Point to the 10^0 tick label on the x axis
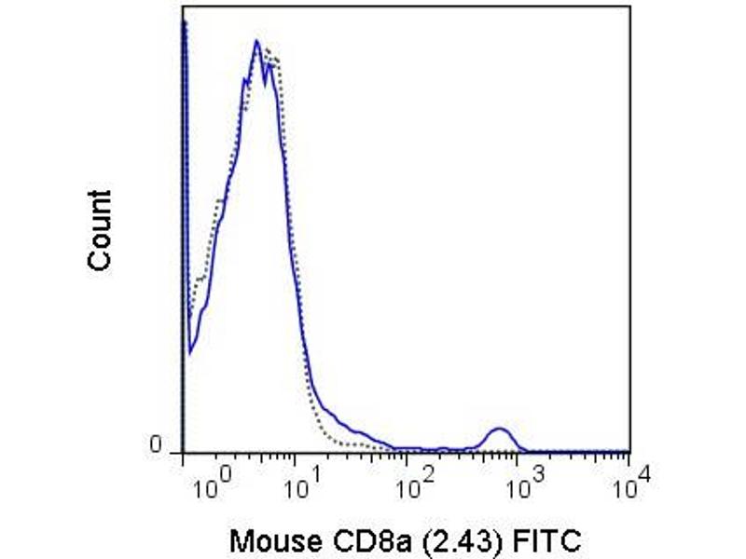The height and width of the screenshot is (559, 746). click(x=211, y=486)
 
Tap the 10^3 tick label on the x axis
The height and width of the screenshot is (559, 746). click(x=525, y=486)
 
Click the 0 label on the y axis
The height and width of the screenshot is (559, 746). click(x=158, y=447)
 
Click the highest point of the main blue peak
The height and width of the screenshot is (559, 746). click(x=256, y=41)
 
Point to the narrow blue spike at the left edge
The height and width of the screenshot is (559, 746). click(x=185, y=28)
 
